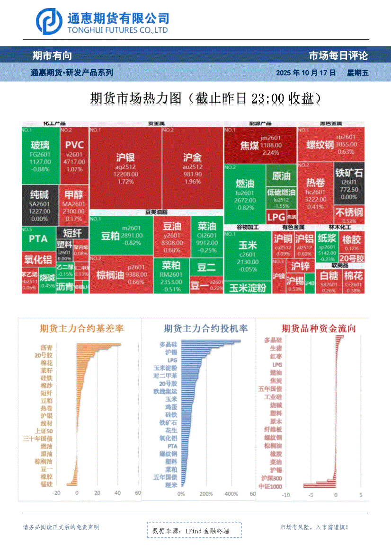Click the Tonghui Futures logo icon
click(x=50, y=20)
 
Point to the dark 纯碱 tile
click(x=40, y=204)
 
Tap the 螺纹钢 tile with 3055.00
click(x=331, y=144)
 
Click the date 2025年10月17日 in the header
click(x=306, y=73)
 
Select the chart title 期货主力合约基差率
click(x=79, y=328)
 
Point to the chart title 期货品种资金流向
click(x=318, y=328)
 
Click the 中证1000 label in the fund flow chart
click(x=270, y=486)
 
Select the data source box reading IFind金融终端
click(x=194, y=531)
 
